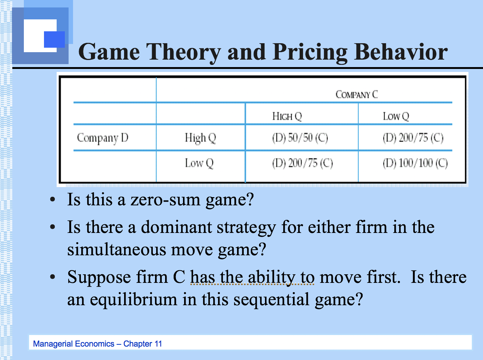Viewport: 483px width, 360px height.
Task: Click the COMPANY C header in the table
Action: (357, 94)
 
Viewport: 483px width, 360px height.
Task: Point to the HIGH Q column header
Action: (287, 116)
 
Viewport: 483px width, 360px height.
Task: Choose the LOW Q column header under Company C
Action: (396, 116)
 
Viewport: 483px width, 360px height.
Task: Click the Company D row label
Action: (102, 138)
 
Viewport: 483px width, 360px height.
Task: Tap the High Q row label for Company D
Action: (200, 138)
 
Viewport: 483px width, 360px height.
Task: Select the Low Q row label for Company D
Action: (199, 163)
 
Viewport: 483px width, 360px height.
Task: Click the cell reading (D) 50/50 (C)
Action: (300, 138)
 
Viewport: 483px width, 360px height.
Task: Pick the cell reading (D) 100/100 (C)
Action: (415, 163)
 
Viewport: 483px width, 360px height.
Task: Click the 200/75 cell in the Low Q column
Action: (413, 138)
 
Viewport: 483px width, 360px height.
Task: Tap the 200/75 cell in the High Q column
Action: (302, 163)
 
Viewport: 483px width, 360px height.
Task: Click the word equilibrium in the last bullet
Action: (133, 299)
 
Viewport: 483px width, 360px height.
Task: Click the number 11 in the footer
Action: (158, 344)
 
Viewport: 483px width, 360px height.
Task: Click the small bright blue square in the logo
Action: (54, 40)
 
